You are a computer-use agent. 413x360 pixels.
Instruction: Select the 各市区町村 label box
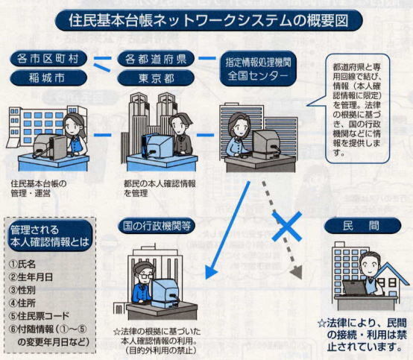tap(51, 59)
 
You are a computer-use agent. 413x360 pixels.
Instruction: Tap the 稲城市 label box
tap(51, 78)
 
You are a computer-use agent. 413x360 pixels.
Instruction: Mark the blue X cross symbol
tap(287, 225)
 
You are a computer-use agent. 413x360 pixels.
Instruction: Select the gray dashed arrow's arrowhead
tap(297, 273)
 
